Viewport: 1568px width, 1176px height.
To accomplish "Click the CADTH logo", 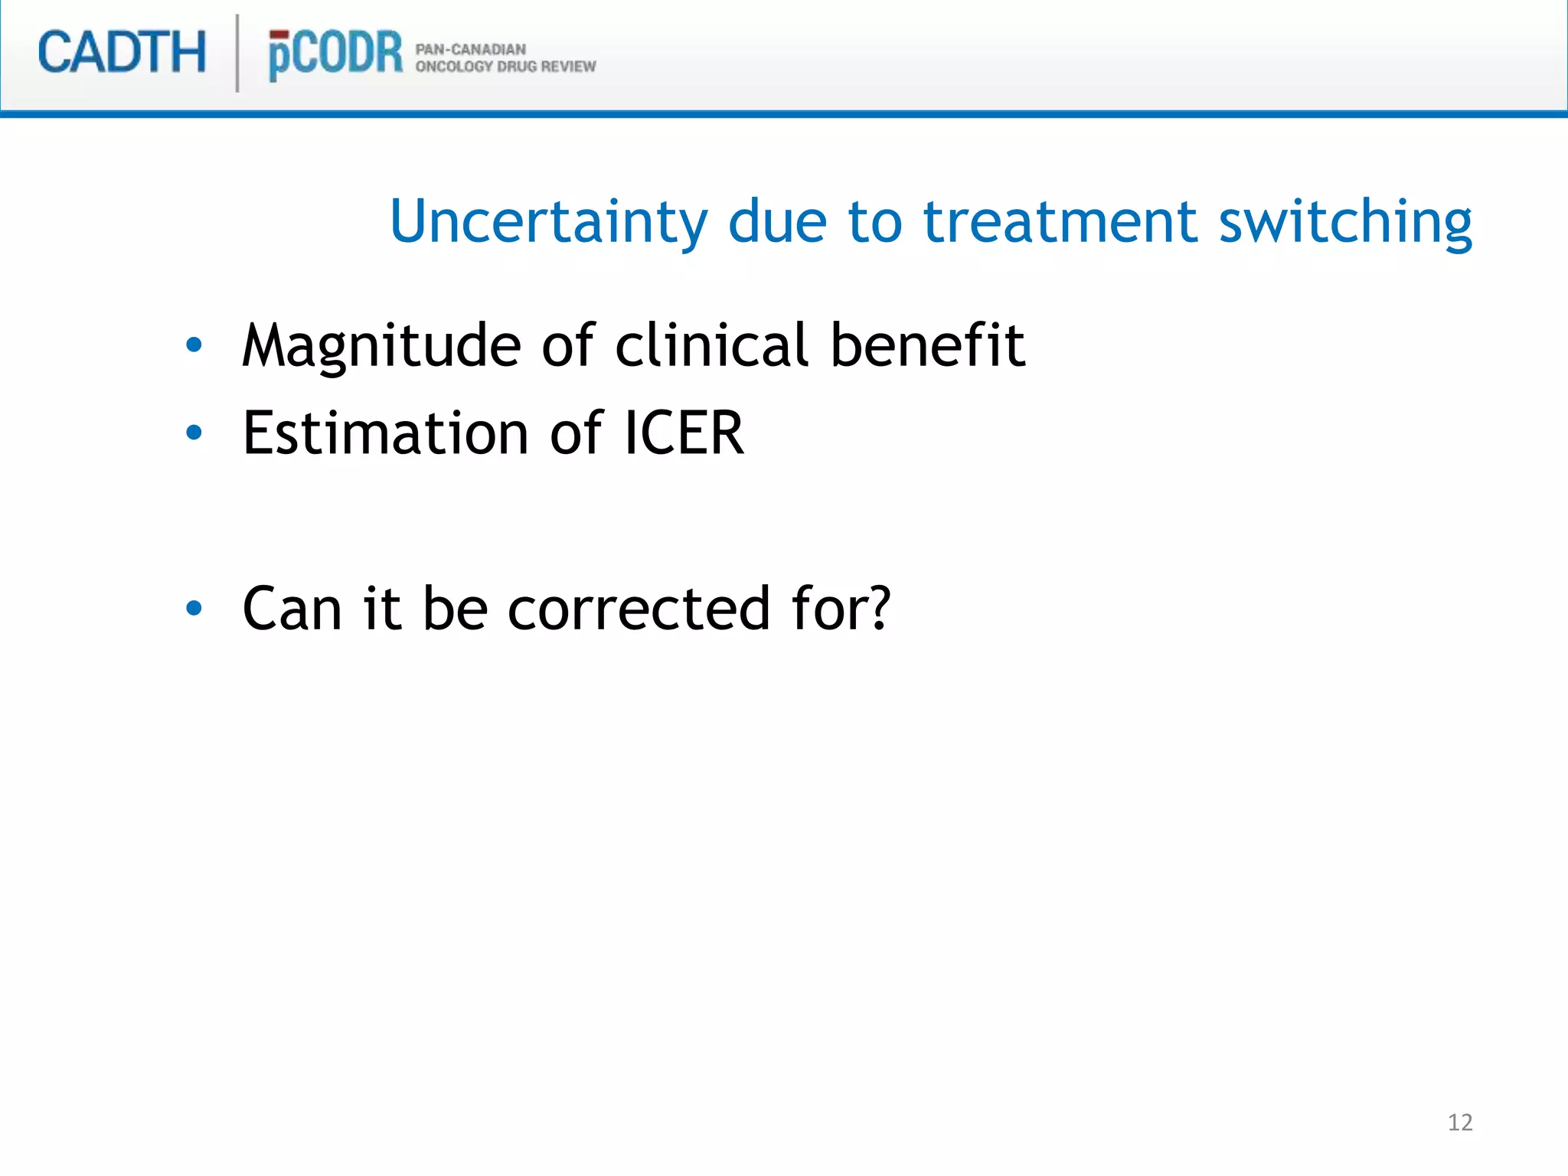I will tap(122, 53).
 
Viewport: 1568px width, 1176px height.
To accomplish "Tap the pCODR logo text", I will tap(335, 54).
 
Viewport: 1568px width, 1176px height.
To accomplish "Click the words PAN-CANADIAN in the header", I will tap(470, 49).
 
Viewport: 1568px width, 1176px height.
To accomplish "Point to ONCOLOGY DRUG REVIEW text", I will tap(505, 67).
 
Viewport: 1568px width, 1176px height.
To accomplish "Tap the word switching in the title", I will tap(1345, 221).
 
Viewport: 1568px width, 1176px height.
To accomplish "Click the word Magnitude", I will tap(381, 346).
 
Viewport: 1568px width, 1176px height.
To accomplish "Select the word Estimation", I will tap(385, 433).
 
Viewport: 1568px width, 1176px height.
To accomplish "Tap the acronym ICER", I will tap(683, 433).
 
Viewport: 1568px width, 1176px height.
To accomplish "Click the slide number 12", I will tap(1460, 1122).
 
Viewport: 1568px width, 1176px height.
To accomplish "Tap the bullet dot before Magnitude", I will tap(194, 345).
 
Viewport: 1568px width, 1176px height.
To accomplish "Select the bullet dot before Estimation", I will tap(194, 433).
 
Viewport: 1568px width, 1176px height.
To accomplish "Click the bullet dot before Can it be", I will tap(194, 609).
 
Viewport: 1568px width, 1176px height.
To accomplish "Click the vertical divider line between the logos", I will tap(237, 54).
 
